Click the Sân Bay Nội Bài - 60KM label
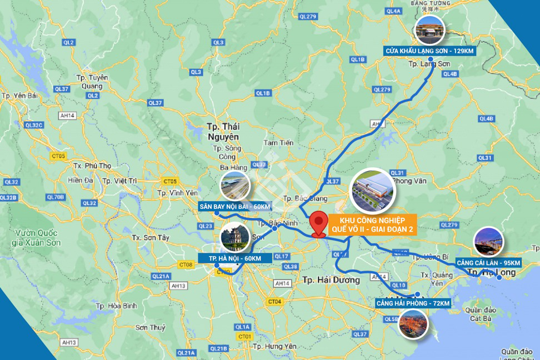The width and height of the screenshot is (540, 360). [x=234, y=207]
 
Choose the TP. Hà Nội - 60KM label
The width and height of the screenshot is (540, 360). [x=236, y=258]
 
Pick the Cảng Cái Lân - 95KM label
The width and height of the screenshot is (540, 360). [x=488, y=262]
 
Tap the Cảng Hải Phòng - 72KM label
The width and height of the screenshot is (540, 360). [x=413, y=303]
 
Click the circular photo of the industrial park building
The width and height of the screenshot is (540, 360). [x=371, y=191]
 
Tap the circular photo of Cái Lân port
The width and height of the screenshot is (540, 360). [x=488, y=242]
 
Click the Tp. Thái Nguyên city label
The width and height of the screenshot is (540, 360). [x=221, y=132]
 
